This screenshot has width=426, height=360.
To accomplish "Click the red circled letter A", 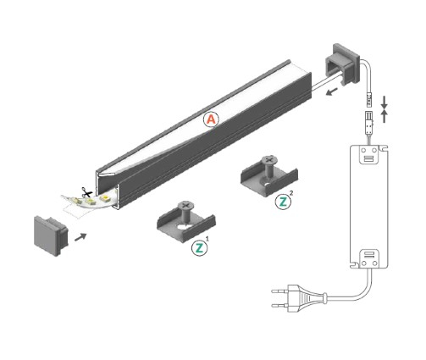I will point(211,120).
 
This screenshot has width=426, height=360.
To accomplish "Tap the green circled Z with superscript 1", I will point(200,248).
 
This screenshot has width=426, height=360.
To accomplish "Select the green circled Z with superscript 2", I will point(283,202).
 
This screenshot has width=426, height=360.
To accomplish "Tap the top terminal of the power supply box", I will point(368,156).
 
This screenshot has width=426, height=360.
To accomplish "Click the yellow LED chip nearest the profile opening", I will point(99,197).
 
